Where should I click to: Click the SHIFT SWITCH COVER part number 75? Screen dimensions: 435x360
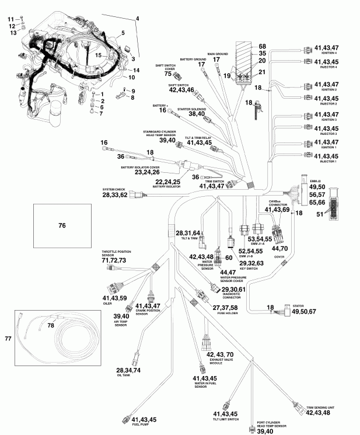pos(167,74)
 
